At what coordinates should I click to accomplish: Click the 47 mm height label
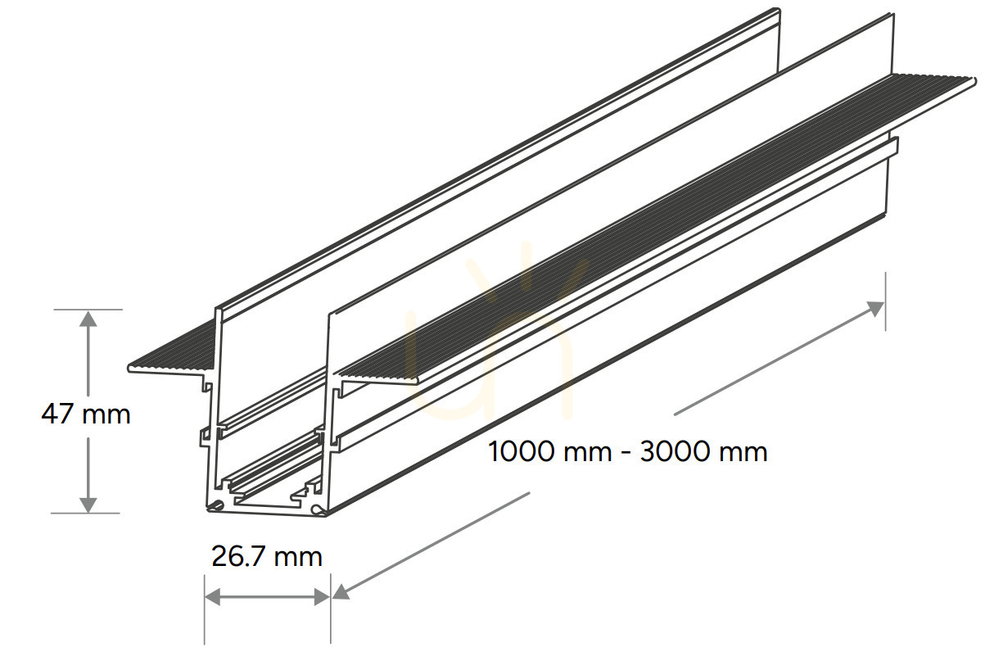click(86, 414)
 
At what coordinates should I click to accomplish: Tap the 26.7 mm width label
click(267, 556)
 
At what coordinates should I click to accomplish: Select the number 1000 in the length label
click(522, 451)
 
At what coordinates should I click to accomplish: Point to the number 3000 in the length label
click(675, 451)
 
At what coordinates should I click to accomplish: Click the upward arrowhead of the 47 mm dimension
click(88, 319)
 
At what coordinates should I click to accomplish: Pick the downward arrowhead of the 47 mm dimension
click(88, 505)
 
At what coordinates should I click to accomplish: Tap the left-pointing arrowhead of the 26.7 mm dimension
click(213, 597)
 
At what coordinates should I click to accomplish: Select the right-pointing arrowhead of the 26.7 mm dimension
click(322, 597)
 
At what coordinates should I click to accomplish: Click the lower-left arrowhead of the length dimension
click(341, 592)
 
